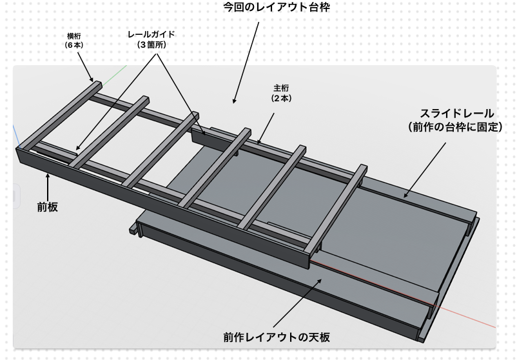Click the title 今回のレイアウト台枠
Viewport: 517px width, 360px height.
277,7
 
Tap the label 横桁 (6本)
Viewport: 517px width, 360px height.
74,41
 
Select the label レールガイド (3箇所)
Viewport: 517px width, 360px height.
151,39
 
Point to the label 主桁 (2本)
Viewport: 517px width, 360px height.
281,93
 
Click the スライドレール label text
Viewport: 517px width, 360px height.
456,114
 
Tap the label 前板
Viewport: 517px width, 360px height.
48,207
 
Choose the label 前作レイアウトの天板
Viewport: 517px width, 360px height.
277,337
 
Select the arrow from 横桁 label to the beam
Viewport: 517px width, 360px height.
85,66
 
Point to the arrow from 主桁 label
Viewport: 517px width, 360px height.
266,128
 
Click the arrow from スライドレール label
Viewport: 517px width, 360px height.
425,170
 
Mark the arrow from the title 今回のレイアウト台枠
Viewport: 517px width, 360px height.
246,63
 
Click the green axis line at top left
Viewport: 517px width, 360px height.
113,75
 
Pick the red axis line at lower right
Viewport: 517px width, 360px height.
403,294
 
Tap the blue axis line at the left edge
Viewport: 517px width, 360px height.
17,136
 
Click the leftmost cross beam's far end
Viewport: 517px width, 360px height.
97,85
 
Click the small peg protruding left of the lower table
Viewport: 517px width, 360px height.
133,229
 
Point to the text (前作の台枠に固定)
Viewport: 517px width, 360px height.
455,127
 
